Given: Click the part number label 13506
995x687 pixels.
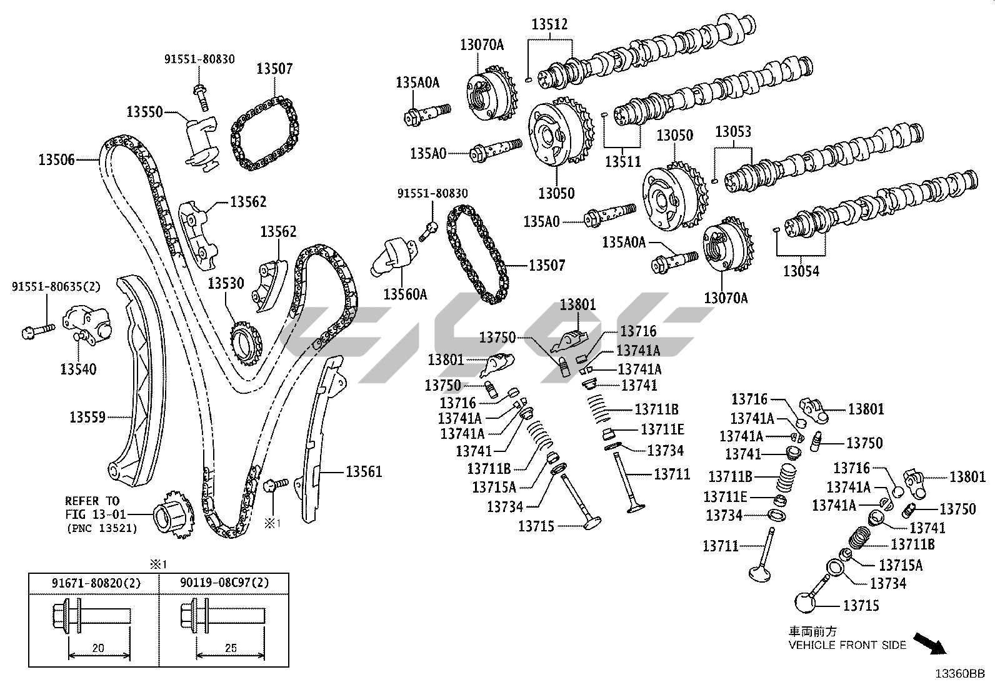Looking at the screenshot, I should point(57,160).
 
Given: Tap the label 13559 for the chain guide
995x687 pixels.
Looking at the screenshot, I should point(87,417).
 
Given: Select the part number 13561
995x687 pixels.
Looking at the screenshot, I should point(364,472).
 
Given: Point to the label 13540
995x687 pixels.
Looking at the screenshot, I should point(79,369).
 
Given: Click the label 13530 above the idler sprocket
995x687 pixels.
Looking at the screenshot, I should point(226,284).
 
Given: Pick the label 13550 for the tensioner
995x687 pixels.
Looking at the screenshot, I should point(144,113).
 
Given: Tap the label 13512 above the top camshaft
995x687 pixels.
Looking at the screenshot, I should point(550,25).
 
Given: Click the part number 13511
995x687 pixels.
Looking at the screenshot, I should point(623,161).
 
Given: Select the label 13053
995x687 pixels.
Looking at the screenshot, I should point(733,132).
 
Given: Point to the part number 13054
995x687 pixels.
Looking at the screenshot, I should point(802,271).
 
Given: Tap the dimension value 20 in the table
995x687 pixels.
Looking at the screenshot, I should point(98,648).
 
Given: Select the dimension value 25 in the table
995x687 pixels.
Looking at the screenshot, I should point(231,648).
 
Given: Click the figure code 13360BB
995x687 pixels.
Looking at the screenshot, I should point(960,674).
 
